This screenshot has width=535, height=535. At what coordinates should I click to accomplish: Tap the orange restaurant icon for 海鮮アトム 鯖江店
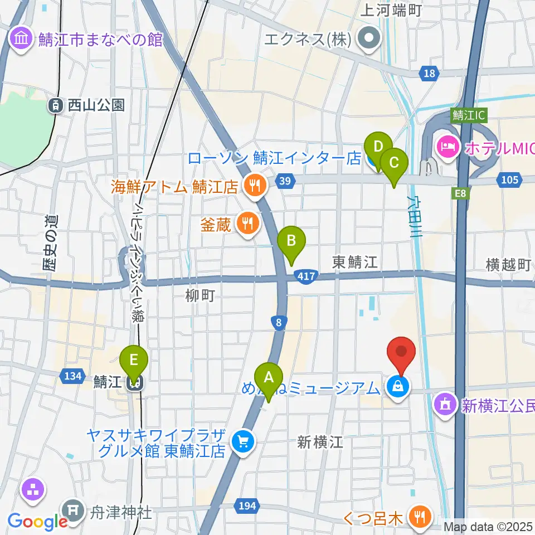click(x=256, y=187)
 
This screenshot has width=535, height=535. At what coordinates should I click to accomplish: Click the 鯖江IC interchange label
click(x=470, y=115)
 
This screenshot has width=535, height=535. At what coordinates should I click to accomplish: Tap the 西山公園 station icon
click(x=56, y=105)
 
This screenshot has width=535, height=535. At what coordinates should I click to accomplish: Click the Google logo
click(x=37, y=521)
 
